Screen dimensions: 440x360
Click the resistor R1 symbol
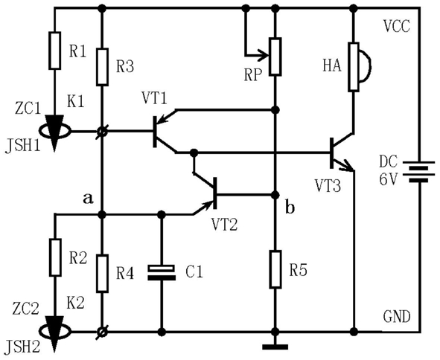pyautogui.click(x=54, y=51)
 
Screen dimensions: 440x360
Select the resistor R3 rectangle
pyautogui.click(x=102, y=67)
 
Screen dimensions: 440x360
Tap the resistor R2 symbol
pyautogui.click(x=55, y=257)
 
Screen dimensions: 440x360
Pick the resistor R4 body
pyautogui.click(x=102, y=274)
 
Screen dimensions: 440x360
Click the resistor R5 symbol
pyautogui.click(x=275, y=269)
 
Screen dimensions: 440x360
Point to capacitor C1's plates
pyautogui.click(x=162, y=272)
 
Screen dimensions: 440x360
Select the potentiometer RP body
pyautogui.click(x=275, y=57)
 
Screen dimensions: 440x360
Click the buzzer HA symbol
pyautogui.click(x=359, y=67)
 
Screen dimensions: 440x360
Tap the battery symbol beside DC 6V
pyautogui.click(x=418, y=172)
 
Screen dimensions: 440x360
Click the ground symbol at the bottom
pyautogui.click(x=275, y=347)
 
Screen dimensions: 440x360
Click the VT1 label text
pyautogui.click(x=154, y=98)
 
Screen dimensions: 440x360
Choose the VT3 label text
pyautogui.click(x=328, y=186)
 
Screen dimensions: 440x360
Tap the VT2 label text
pyautogui.click(x=224, y=225)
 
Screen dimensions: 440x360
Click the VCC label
pyautogui.click(x=397, y=26)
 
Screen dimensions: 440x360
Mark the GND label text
pyautogui.click(x=397, y=317)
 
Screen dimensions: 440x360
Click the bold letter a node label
pyautogui.click(x=88, y=199)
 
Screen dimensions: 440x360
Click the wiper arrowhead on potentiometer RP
pyautogui.click(x=264, y=55)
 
